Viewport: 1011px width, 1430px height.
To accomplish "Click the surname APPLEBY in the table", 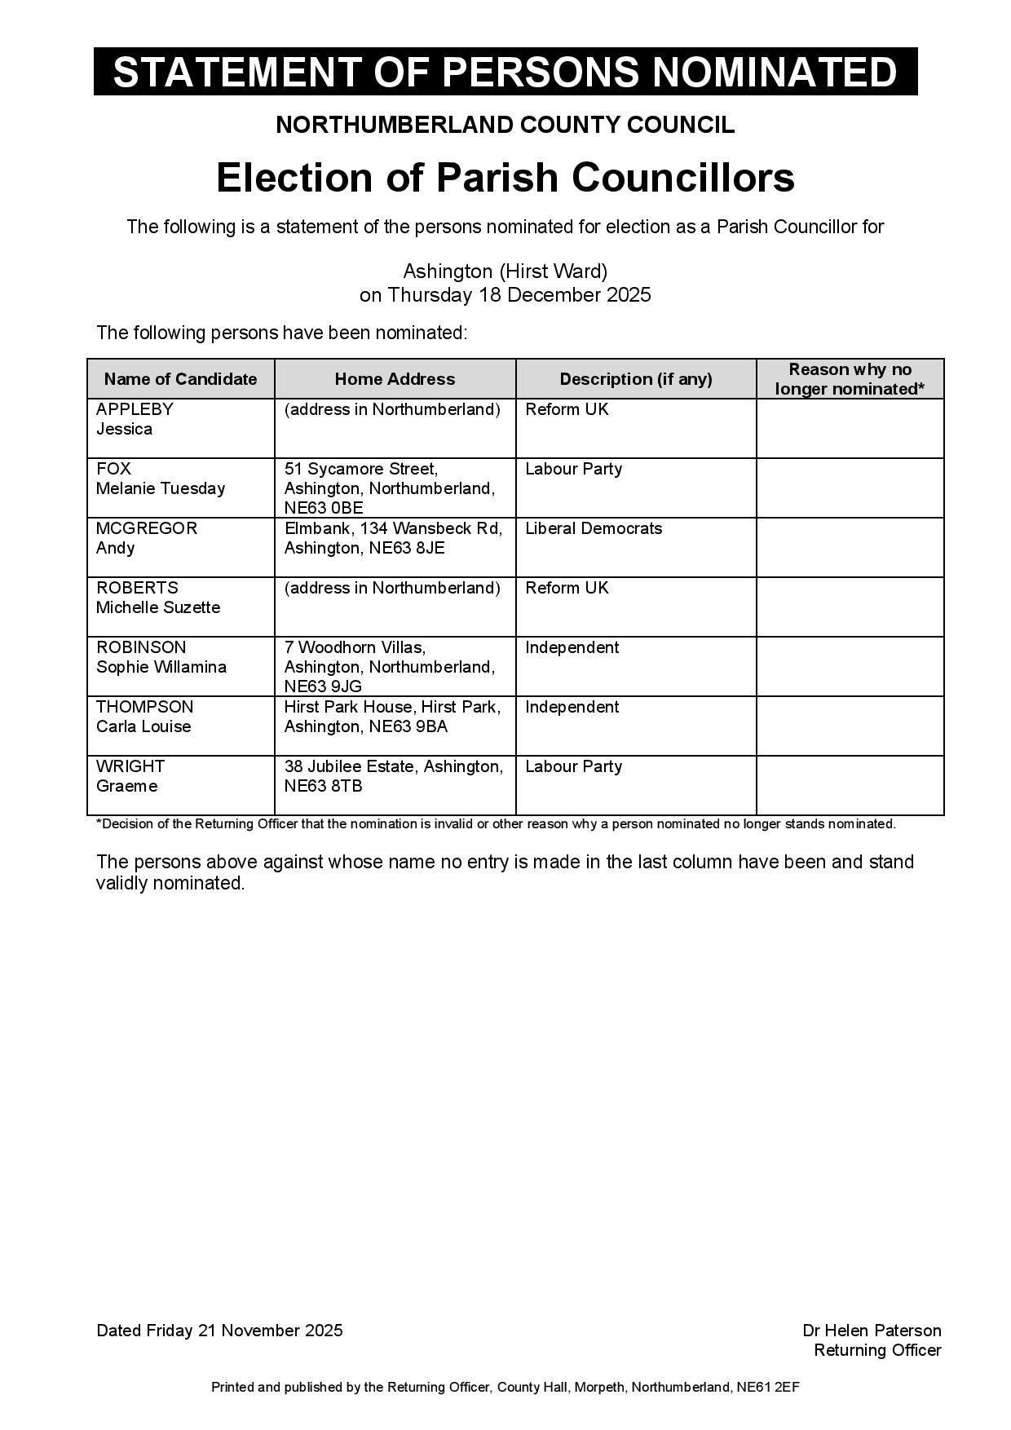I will [x=135, y=409].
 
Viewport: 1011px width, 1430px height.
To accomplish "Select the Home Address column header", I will [x=395, y=379].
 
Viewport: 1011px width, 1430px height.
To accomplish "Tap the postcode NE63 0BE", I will [x=324, y=508].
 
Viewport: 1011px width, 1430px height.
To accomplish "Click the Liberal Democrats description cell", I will [x=594, y=528].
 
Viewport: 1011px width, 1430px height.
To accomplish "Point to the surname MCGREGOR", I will [x=147, y=528].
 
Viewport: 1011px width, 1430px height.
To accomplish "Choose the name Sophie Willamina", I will [x=161, y=667].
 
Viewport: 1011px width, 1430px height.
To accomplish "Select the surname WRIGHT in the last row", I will [x=130, y=766].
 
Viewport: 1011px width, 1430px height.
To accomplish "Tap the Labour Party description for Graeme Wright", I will [x=573, y=766].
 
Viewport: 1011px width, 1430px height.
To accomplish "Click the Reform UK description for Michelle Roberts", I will [x=567, y=588].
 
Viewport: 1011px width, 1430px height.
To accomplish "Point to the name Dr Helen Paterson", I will [x=872, y=1331].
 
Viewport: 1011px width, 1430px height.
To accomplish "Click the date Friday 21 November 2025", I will [x=245, y=1331].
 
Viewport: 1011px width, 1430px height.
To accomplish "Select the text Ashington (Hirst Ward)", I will [x=505, y=271].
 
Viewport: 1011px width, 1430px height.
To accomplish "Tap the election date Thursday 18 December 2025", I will [x=519, y=295].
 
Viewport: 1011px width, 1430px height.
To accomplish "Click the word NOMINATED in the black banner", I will [x=775, y=72].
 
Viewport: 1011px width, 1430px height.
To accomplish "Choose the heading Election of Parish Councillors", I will [x=505, y=178].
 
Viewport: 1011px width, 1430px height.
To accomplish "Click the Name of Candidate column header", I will [x=180, y=379].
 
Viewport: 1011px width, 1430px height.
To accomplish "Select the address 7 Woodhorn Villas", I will [x=355, y=647].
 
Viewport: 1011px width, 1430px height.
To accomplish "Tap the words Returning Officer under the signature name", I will [x=877, y=1350].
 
